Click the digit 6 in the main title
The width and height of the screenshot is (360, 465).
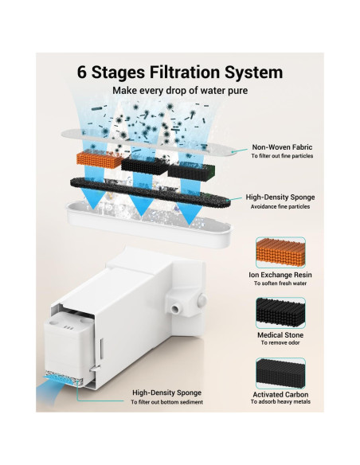(82, 72)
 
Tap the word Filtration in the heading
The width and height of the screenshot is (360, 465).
(184, 72)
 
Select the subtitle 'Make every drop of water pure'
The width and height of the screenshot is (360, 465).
(180, 90)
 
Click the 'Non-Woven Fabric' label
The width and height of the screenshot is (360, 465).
(282, 147)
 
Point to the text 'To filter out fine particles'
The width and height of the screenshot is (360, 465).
(282, 156)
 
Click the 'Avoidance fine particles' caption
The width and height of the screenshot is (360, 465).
(280, 207)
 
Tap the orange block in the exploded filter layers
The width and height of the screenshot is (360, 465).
(100, 159)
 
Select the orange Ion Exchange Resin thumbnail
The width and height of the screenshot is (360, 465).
(280, 252)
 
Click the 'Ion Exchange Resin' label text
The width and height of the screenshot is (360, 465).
(280, 275)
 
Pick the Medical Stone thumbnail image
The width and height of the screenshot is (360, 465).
(280, 313)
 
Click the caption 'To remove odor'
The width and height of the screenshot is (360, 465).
(280, 343)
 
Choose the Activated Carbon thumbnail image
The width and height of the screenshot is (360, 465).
(280, 373)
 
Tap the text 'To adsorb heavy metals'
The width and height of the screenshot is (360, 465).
(280, 402)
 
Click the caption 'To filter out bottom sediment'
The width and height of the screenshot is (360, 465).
(167, 402)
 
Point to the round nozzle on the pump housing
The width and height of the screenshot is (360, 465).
(175, 309)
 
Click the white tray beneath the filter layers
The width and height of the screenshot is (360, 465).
(148, 225)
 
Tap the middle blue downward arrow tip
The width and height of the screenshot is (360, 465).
(141, 215)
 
